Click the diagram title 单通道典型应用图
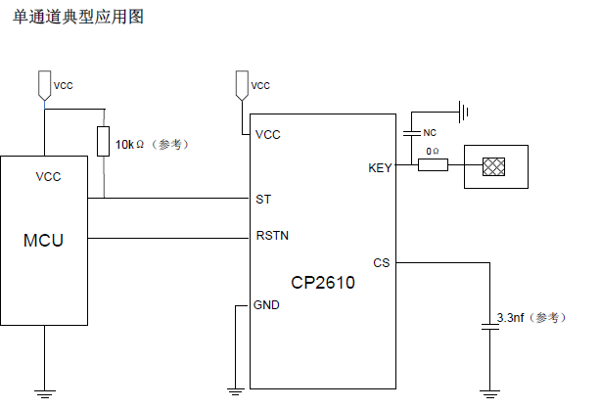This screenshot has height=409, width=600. [78, 17]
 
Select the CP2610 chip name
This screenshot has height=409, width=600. [322, 284]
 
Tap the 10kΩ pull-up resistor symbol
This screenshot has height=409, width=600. [104, 142]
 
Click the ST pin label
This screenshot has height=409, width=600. [262, 199]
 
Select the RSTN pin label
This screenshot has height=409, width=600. [271, 236]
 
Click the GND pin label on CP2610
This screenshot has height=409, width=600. [266, 305]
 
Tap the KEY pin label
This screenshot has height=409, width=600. [380, 168]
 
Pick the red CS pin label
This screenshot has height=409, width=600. [382, 262]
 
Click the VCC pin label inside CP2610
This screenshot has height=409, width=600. [267, 134]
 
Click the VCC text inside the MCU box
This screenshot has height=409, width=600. [48, 177]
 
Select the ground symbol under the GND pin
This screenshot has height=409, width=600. [235, 391]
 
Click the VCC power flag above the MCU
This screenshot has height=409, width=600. [43, 85]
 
